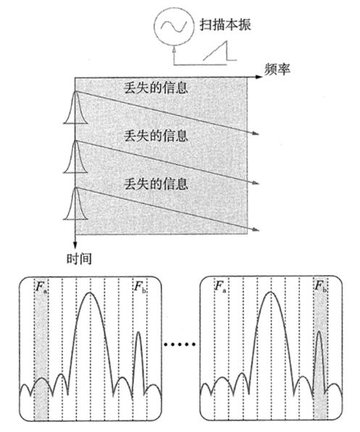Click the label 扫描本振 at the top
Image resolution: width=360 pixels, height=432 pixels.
pyautogui.click(x=225, y=25)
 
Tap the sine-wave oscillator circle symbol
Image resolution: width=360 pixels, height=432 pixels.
pyautogui.click(x=174, y=25)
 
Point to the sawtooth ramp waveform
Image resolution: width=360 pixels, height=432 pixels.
pyautogui.click(x=219, y=51)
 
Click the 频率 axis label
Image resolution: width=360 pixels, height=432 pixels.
pyautogui.click(x=277, y=69)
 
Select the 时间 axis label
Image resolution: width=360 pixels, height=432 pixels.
pyautogui.click(x=79, y=259)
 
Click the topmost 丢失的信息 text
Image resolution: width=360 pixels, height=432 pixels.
pyautogui.click(x=156, y=88)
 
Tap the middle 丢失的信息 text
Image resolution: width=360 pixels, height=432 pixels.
pyautogui.click(x=156, y=136)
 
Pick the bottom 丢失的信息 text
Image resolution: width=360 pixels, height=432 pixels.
pyautogui.click(x=156, y=184)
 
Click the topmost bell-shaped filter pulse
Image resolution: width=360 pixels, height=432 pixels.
pyautogui.click(x=75, y=107)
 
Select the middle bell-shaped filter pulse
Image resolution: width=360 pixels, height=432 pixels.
pyautogui.click(x=75, y=157)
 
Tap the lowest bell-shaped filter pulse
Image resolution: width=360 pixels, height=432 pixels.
pyautogui.click(x=75, y=204)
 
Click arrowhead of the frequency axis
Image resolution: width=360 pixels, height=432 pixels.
pyautogui.click(x=259, y=77)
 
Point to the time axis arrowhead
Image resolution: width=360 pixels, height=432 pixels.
pyautogui.click(x=75, y=245)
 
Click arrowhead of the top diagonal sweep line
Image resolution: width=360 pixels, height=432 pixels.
pyautogui.click(x=256, y=133)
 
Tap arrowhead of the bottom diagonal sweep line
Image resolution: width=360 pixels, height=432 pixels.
pyautogui.click(x=256, y=229)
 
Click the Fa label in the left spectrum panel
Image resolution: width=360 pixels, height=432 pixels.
pyautogui.click(x=41, y=287)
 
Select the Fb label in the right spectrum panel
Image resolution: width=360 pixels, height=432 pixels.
pyautogui.click(x=321, y=287)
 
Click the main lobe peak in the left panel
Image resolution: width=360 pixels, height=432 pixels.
pyautogui.click(x=90, y=293)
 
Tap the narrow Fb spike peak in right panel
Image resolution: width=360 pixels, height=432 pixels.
pyautogui.click(x=319, y=332)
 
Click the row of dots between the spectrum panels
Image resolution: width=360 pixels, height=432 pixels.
pyautogui.click(x=180, y=344)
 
